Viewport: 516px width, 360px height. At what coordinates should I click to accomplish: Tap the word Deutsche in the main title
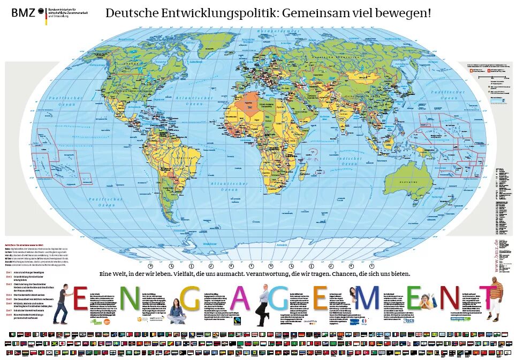(131, 13)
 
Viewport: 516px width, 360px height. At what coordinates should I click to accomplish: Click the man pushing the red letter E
(62, 303)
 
